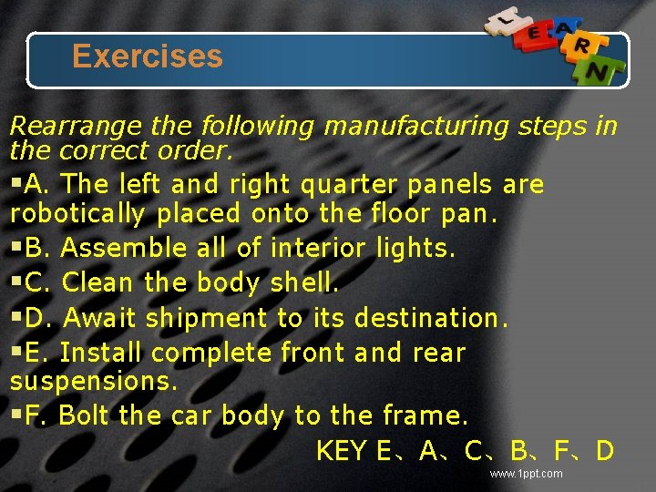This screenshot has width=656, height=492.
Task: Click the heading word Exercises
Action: [147, 56]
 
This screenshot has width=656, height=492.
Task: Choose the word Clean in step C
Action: [97, 282]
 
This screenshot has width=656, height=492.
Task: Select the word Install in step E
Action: [102, 353]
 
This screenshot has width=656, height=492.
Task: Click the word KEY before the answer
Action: [342, 451]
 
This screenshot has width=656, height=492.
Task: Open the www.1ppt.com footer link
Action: [526, 474]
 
